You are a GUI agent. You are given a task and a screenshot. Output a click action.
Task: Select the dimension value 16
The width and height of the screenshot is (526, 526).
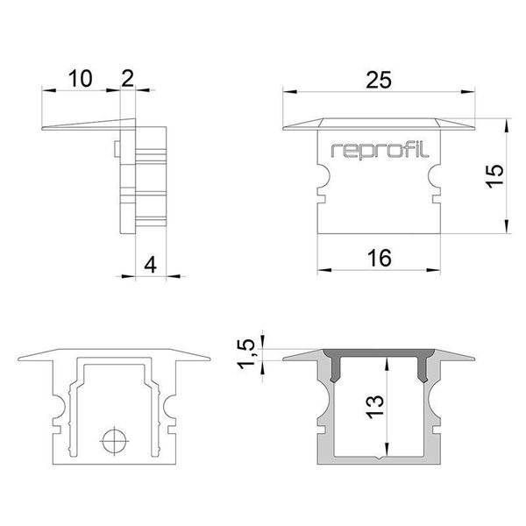point(378,257)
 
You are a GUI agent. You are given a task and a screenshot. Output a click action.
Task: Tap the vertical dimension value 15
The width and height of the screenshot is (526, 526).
point(494,174)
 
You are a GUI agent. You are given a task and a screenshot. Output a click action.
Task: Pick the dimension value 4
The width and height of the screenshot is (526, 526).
point(150,264)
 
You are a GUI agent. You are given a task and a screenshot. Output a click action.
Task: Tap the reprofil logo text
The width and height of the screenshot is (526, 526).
point(379,150)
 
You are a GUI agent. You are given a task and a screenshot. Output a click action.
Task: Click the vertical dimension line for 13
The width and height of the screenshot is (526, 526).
point(384,409)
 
